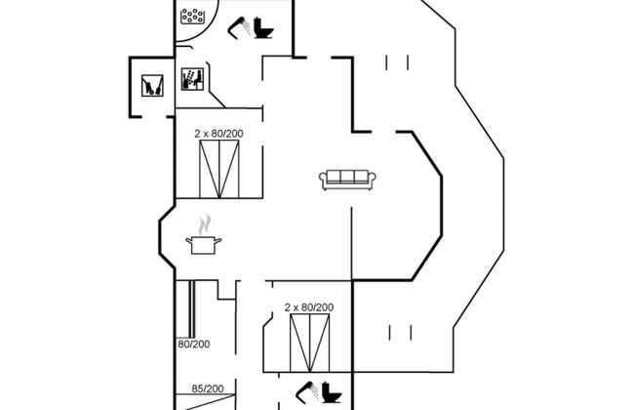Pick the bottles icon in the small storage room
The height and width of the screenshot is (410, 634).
click(151, 85)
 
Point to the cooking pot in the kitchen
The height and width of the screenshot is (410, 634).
click(204, 244)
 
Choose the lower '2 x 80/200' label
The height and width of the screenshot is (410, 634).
click(309, 307)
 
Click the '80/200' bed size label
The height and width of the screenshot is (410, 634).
click(193, 344)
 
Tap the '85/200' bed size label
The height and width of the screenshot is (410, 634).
click(207, 388)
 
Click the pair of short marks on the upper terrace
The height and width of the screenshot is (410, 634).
click(396, 63)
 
